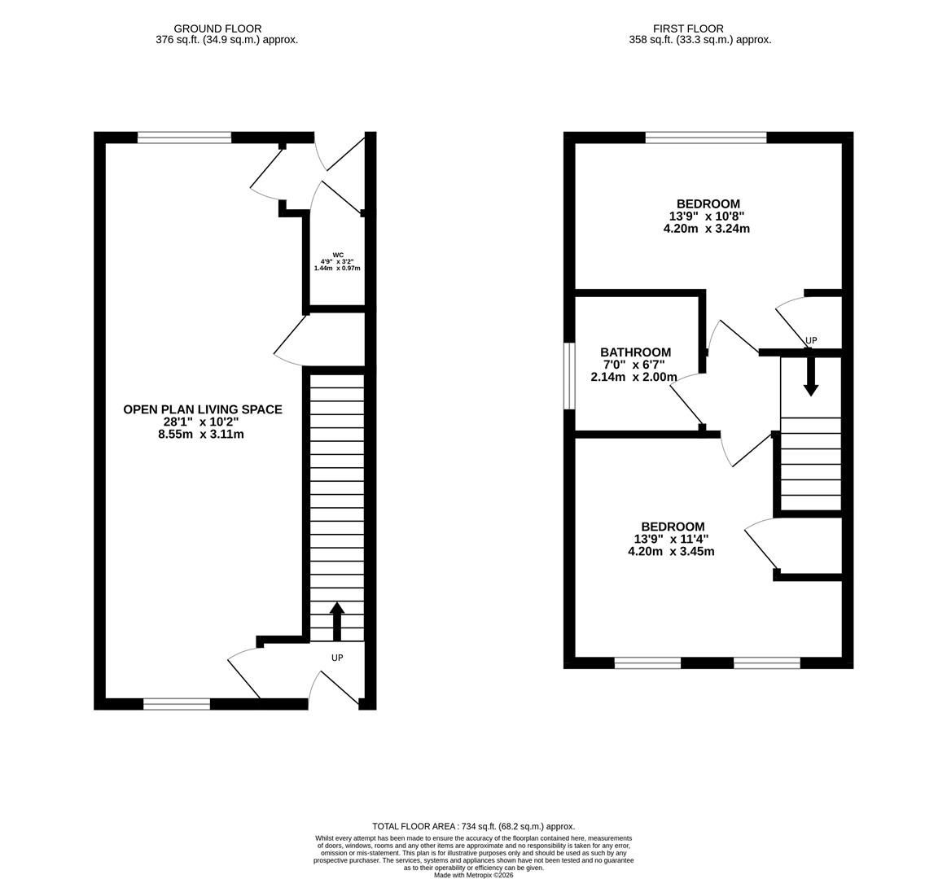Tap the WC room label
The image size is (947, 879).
coord(337,255)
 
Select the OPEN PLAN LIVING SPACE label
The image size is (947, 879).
coord(203,409)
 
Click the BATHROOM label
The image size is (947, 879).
coord(636,352)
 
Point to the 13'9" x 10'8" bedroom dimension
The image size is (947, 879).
coord(707,216)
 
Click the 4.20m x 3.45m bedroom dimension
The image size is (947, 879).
coord(671,551)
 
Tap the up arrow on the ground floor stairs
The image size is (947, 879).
coord(337,621)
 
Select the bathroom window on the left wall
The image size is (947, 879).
coord(570,375)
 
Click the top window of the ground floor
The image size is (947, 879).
coord(184,138)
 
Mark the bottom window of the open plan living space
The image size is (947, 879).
coord(177,704)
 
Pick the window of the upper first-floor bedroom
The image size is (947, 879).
coord(706,138)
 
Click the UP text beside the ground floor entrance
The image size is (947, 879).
coord(337,658)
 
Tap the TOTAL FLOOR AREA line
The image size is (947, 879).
coord(473,826)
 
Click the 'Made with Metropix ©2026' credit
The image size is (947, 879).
coord(473,875)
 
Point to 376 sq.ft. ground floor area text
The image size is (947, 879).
coord(226,39)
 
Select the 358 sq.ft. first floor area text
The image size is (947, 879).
coord(699,39)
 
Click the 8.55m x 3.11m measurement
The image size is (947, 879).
coord(201,435)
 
